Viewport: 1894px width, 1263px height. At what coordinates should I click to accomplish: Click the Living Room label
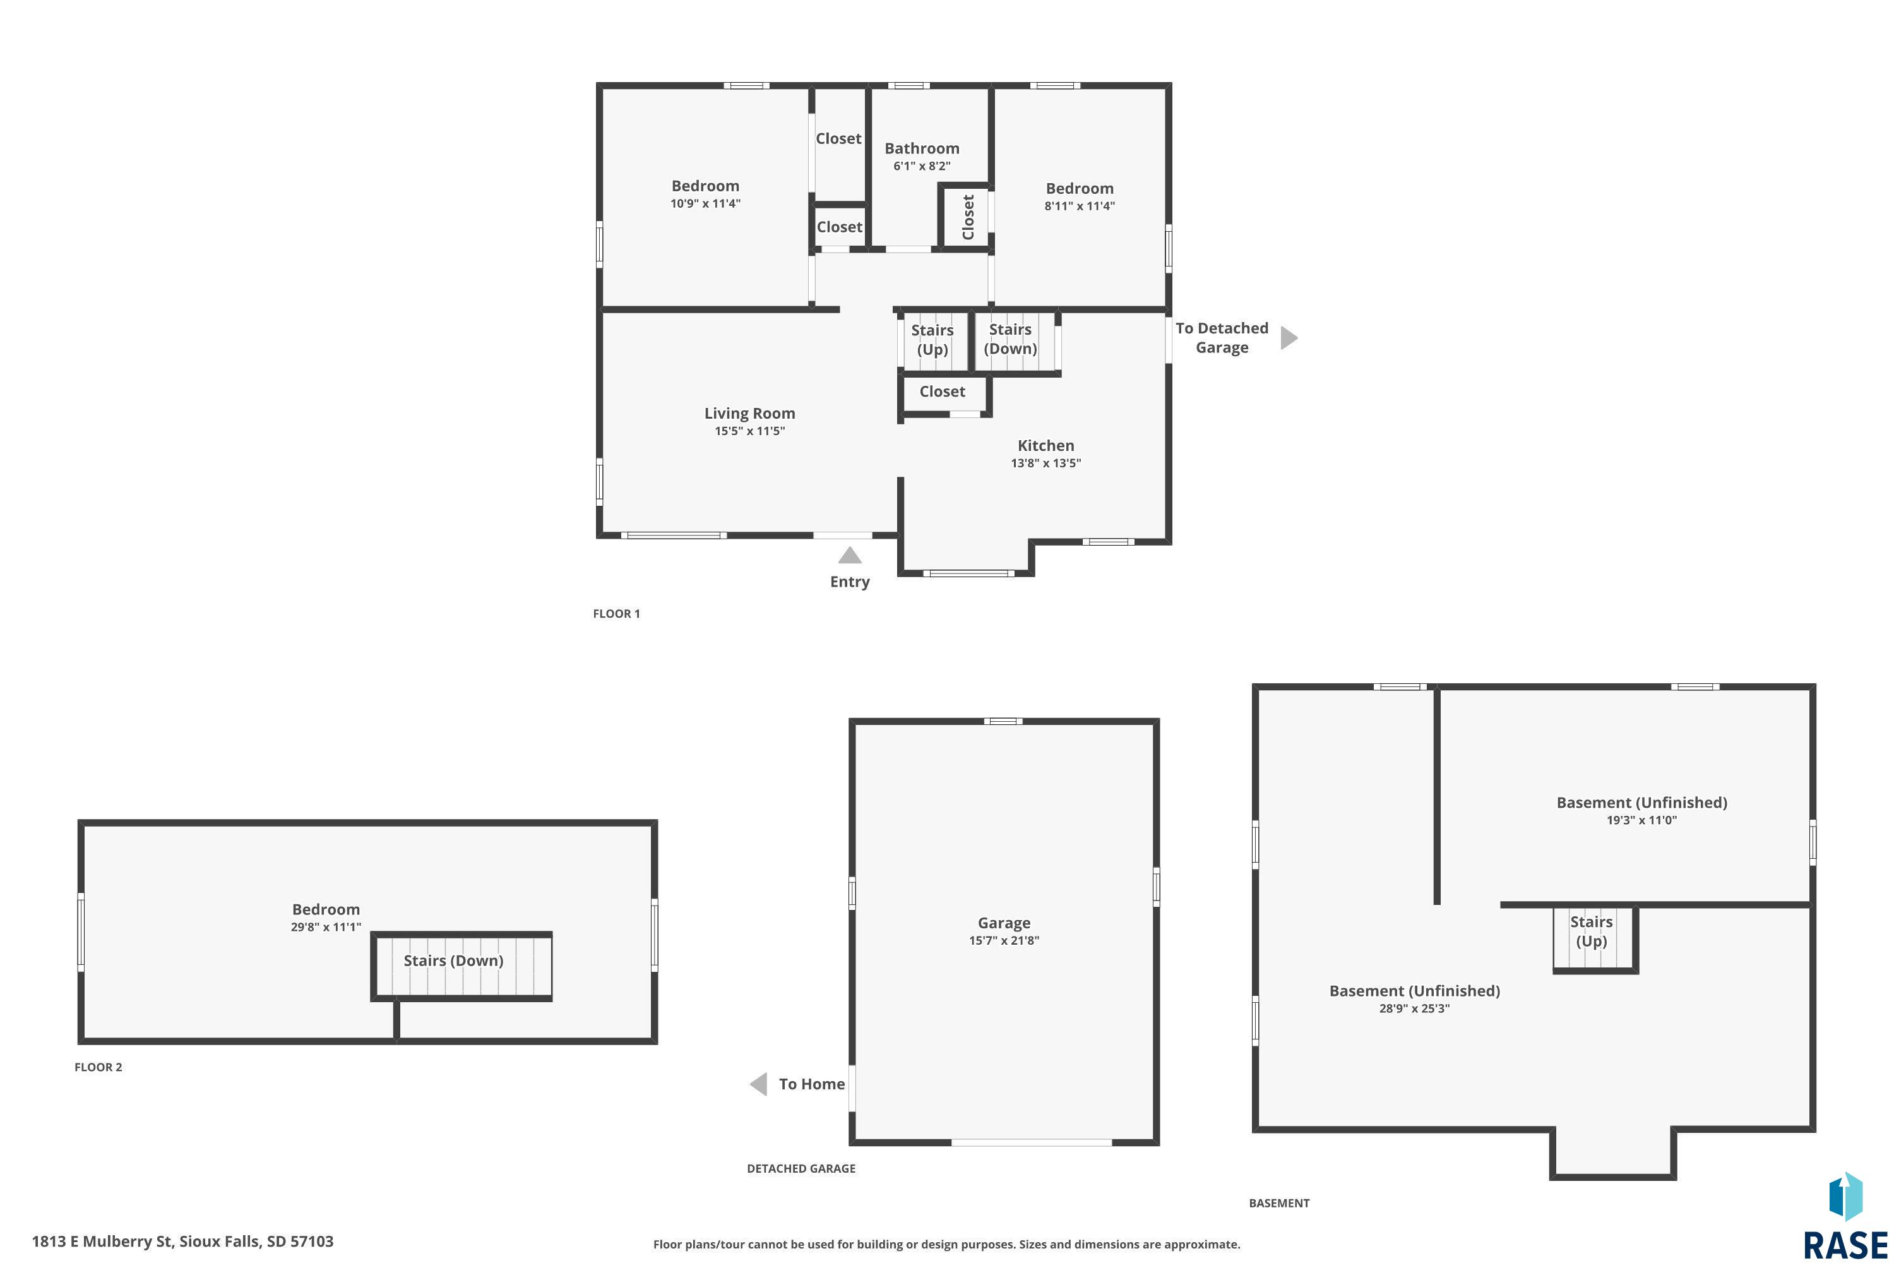click(x=750, y=413)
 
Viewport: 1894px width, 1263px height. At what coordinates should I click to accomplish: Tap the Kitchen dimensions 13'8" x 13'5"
click(x=1046, y=463)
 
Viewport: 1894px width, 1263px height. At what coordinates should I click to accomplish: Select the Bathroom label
click(x=922, y=148)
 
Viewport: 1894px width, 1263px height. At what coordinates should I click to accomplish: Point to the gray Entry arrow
click(x=850, y=556)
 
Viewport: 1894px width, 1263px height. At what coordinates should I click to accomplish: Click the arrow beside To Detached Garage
click(x=1289, y=337)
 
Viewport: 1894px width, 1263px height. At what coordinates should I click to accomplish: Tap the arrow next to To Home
click(x=759, y=1084)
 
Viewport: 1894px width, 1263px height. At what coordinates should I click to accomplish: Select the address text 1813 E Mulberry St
click(x=102, y=1242)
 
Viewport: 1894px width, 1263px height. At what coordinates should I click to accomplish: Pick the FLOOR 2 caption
click(x=98, y=1067)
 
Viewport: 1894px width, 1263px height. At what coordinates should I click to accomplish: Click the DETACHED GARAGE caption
click(x=801, y=1169)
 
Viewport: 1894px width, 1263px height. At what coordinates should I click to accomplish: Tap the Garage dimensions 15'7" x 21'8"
click(x=1004, y=941)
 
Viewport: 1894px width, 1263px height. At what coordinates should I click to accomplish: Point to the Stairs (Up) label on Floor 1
click(x=932, y=340)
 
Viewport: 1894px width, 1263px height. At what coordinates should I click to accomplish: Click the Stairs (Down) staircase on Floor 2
click(x=462, y=967)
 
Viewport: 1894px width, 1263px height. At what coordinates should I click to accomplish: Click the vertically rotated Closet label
click(x=968, y=217)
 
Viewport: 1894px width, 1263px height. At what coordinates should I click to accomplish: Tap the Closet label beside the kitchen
click(x=942, y=392)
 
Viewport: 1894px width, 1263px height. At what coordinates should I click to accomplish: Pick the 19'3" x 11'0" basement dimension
click(x=1642, y=820)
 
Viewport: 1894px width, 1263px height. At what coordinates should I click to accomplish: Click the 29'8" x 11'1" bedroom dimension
click(x=326, y=927)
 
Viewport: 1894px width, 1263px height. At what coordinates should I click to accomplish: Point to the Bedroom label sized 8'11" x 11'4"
click(x=1080, y=188)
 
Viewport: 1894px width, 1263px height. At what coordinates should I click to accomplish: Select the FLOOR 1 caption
click(x=617, y=614)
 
